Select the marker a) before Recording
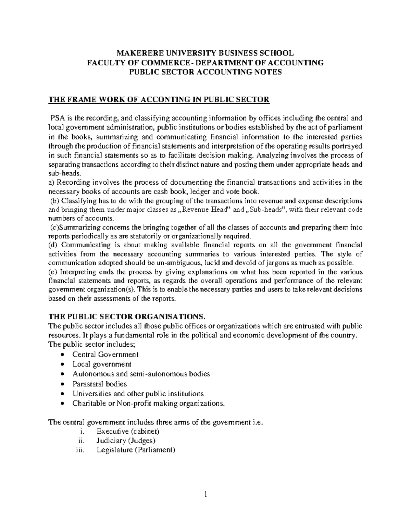(x=51, y=182)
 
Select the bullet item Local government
(x=102, y=364)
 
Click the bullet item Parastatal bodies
(x=99, y=384)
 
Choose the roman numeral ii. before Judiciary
(x=81, y=441)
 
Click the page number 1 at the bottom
(x=206, y=494)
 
